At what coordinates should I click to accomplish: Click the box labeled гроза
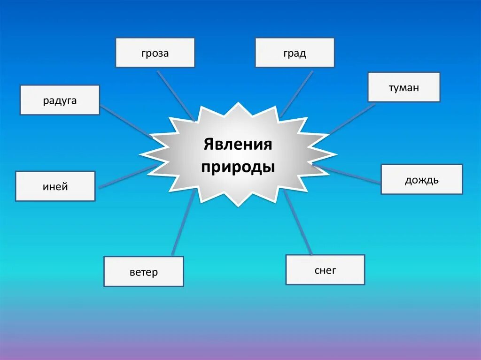(155, 53)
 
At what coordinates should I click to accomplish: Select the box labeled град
(295, 53)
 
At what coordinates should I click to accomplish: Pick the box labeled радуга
(60, 100)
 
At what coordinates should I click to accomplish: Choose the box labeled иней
(55, 186)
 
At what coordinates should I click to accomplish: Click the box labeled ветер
(144, 271)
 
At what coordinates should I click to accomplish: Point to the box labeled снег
(325, 269)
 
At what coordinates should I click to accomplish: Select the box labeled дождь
(421, 179)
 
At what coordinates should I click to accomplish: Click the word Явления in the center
(238, 144)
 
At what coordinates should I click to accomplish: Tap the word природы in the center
(238, 167)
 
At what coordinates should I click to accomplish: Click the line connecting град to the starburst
(296, 93)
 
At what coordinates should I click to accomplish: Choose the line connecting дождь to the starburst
(348, 174)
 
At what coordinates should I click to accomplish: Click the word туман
(403, 88)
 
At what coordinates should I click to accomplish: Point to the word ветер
(144, 272)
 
